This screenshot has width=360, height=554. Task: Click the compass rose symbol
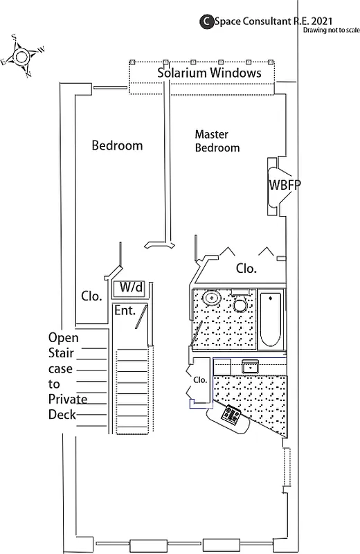22,56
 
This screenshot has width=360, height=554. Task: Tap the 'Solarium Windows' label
209,73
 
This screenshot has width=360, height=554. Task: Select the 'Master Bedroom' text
217,141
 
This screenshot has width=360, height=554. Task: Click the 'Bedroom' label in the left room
117,145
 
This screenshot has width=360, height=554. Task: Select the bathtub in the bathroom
270,319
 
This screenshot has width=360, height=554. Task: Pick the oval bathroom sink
211,298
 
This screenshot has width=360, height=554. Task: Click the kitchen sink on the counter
249,366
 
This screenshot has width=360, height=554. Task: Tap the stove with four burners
230,416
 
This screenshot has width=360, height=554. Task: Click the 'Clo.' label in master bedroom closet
246,268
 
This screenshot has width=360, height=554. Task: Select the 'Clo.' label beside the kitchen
200,379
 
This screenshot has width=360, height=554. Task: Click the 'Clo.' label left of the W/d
91,296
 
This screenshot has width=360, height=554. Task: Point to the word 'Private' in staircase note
67,399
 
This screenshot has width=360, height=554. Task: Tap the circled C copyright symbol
206,22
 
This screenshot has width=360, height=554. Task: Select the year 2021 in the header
328,21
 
